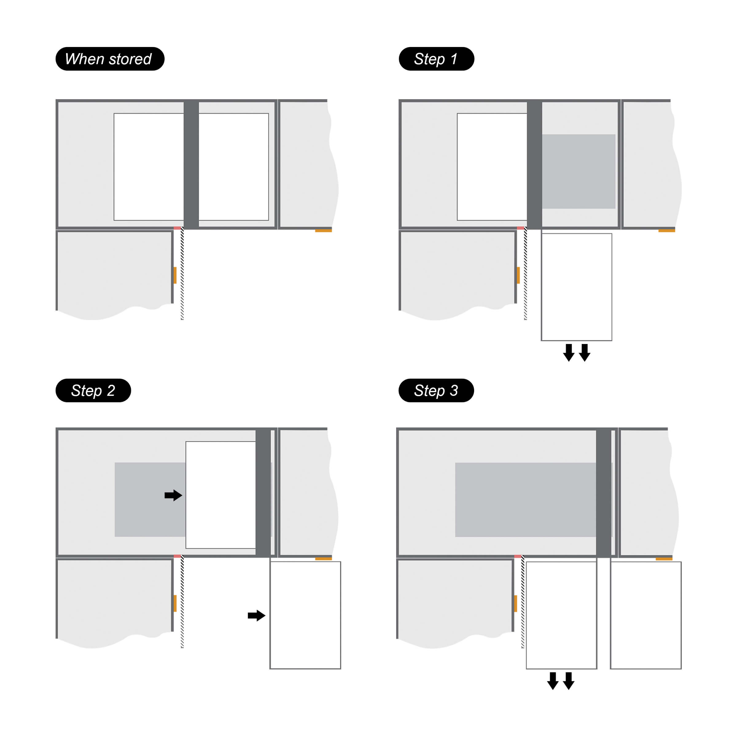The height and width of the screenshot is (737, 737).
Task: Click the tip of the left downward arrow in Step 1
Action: click(x=569, y=361)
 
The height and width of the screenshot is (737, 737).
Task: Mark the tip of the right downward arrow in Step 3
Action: click(x=569, y=690)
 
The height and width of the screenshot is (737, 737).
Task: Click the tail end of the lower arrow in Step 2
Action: click(x=248, y=615)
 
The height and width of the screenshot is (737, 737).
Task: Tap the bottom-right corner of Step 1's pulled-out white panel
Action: click(x=612, y=340)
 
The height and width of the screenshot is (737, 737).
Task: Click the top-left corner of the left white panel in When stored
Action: click(x=114, y=113)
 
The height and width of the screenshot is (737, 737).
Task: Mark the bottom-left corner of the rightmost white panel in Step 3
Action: click(x=610, y=669)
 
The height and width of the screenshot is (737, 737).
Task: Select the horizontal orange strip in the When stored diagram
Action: click(x=323, y=230)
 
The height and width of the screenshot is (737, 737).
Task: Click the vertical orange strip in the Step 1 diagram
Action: click(x=518, y=275)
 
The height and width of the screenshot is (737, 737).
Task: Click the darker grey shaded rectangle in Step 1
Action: click(x=579, y=171)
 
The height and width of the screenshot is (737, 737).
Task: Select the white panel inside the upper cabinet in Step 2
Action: click(x=220, y=495)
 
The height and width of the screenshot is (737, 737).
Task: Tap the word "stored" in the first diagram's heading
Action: click(x=130, y=59)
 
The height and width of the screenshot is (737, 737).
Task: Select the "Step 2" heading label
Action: click(x=93, y=390)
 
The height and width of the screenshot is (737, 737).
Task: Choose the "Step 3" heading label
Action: click(x=436, y=390)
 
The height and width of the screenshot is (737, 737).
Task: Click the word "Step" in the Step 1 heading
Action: click(x=430, y=60)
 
